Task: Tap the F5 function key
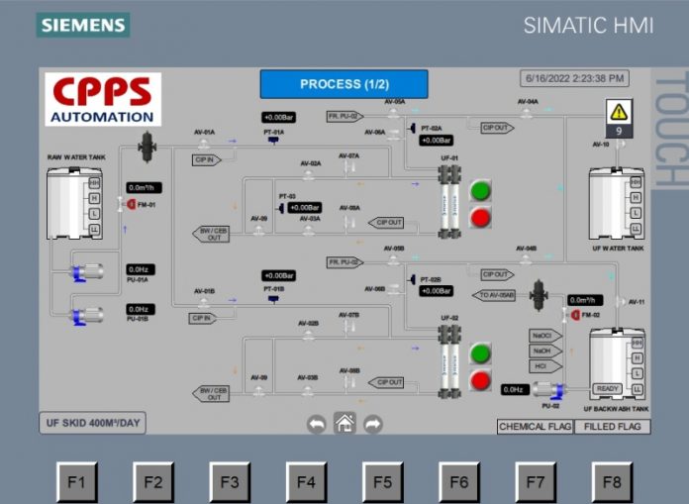382,482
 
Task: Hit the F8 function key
611,482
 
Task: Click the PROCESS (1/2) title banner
344,84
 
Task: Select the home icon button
344,423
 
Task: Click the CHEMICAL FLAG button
535,426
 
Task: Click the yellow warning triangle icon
619,111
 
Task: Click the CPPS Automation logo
103,99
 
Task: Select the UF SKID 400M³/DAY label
93,422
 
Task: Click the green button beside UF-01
480,190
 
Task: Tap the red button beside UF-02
480,379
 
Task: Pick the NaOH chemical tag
541,351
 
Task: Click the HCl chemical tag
541,365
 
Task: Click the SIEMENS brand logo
82,25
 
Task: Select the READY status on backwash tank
608,388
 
